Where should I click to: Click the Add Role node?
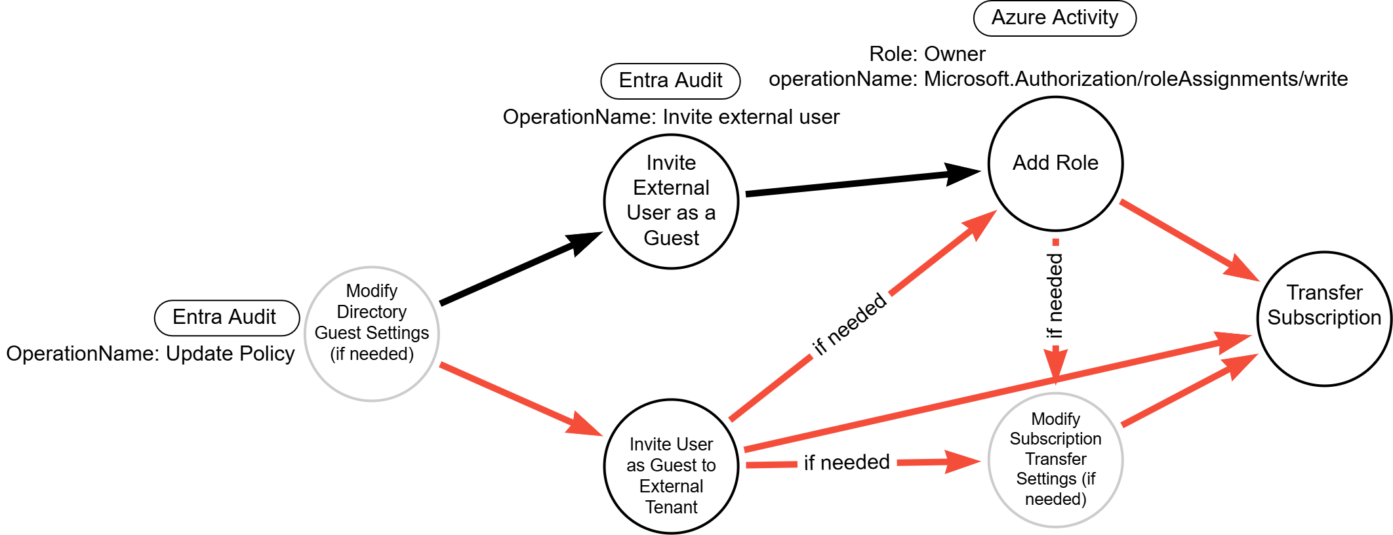[x=1055, y=164]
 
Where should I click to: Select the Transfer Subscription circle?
[x=1323, y=319]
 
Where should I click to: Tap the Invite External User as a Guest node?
[x=671, y=201]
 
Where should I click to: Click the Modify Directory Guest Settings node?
[x=372, y=334]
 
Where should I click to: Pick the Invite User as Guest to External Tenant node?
[x=671, y=466]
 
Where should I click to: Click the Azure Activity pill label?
[x=1055, y=18]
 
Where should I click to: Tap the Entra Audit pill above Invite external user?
[x=670, y=81]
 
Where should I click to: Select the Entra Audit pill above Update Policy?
[x=226, y=317]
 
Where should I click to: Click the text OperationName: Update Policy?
[x=150, y=354]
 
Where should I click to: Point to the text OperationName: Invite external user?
[x=671, y=117]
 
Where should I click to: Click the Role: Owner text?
[x=927, y=54]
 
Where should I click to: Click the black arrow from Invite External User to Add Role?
[x=859, y=182]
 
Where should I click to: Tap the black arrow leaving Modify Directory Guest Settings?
[x=518, y=269]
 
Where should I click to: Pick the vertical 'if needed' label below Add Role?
[x=1055, y=295]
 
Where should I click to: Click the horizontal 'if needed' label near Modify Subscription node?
[x=847, y=463]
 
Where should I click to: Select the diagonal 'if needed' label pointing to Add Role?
[x=849, y=325]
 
